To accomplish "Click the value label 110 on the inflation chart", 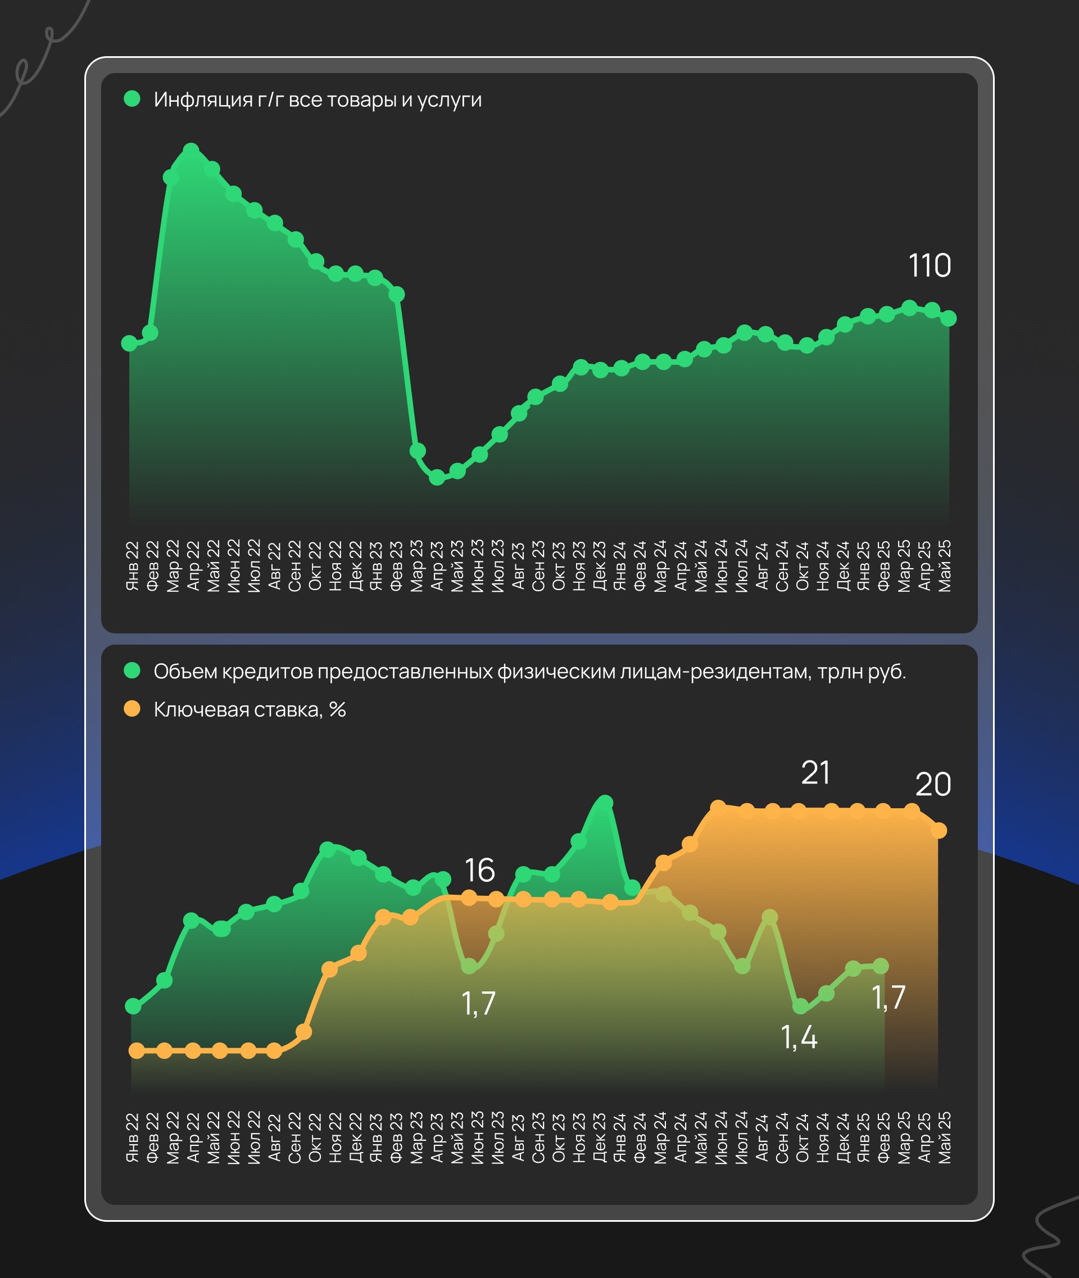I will click(x=929, y=265).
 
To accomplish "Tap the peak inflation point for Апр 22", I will click(x=191, y=151).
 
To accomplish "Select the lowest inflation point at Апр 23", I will click(x=437, y=477).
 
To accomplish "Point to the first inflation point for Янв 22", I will click(x=130, y=343).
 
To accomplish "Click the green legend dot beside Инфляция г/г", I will click(x=132, y=99).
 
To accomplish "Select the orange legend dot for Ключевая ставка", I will click(x=132, y=709).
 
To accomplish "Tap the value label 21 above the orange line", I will click(x=815, y=773).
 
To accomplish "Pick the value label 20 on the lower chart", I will click(x=933, y=785).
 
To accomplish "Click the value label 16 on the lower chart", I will click(x=479, y=871).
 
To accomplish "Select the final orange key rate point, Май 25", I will click(x=939, y=831).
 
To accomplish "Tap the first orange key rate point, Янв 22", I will click(x=137, y=1051).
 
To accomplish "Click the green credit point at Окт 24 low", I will click(x=800, y=1007).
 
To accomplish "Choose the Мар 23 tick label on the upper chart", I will click(x=417, y=566).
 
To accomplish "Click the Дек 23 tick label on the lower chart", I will click(x=600, y=1137).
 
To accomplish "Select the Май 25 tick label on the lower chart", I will click(x=945, y=1137).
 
